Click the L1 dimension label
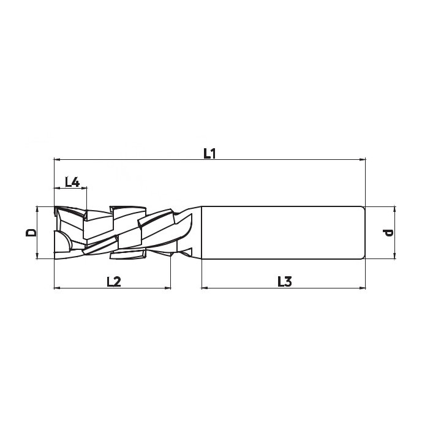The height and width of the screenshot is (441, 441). click(x=209, y=154)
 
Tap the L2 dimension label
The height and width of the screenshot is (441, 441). click(x=114, y=282)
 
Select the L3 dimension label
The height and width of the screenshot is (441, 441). click(x=285, y=282)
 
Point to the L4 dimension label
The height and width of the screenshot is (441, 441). click(x=72, y=182)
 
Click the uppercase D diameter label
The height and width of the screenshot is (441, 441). click(x=31, y=233)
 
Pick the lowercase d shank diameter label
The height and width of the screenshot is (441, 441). click(x=388, y=233)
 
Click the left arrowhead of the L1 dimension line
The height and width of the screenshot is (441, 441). click(x=57, y=159)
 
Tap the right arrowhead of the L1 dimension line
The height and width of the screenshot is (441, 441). click(x=362, y=159)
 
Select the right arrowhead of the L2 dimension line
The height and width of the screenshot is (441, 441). click(x=167, y=288)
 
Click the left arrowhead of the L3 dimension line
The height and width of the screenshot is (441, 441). click(x=205, y=288)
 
